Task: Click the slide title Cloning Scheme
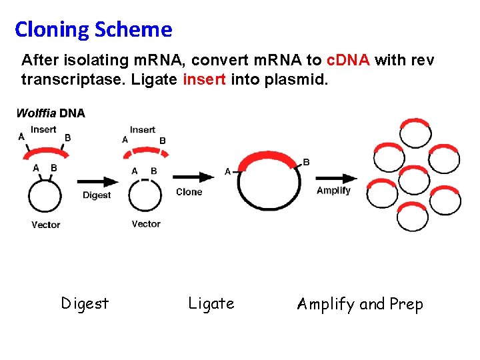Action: pyautogui.click(x=93, y=29)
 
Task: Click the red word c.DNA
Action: pyautogui.click(x=349, y=61)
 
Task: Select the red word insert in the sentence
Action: pyautogui.click(x=204, y=80)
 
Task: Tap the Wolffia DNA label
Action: pyautogui.click(x=51, y=113)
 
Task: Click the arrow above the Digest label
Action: pyautogui.click(x=97, y=181)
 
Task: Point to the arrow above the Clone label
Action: pyautogui.click(x=193, y=177)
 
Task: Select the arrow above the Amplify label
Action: pyautogui.click(x=335, y=178)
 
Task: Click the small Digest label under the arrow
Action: pyautogui.click(x=97, y=195)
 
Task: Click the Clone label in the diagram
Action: pyautogui.click(x=189, y=192)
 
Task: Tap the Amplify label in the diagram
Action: pyautogui.click(x=333, y=191)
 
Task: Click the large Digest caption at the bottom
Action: pyautogui.click(x=85, y=304)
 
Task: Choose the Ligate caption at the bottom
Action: pyautogui.click(x=211, y=304)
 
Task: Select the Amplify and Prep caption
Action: pyautogui.click(x=360, y=305)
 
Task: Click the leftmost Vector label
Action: pyautogui.click(x=46, y=225)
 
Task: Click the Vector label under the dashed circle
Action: pyautogui.click(x=146, y=224)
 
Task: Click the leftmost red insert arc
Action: pyautogui.click(x=43, y=152)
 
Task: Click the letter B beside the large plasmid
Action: pyautogui.click(x=306, y=162)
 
